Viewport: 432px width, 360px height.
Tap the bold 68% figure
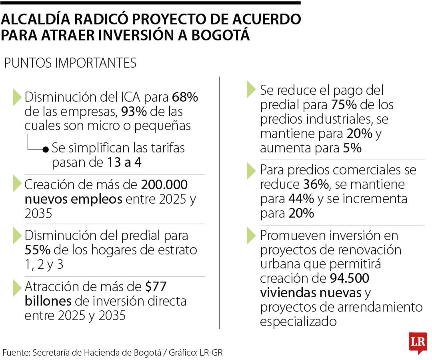click(185, 97)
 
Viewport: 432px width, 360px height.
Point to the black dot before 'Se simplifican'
click(46, 149)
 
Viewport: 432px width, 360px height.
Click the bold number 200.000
click(164, 185)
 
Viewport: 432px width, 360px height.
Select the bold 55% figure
click(37, 250)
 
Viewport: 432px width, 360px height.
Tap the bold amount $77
click(156, 287)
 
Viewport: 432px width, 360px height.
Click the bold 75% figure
click(344, 105)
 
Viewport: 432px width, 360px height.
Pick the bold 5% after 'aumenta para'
click(352, 148)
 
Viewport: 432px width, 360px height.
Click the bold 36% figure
click(315, 184)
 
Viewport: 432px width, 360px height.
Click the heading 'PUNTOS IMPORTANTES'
click(70, 63)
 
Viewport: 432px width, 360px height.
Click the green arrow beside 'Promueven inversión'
click(251, 236)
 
